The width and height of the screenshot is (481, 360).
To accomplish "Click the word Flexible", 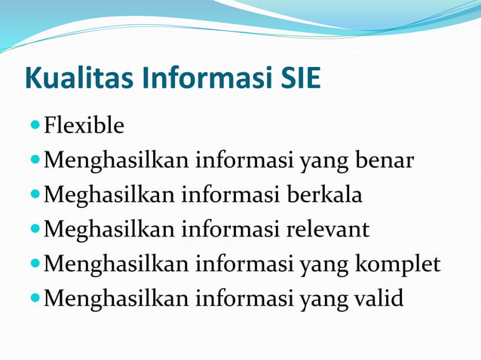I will [84, 125].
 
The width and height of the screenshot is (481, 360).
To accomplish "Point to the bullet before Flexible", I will [35, 125].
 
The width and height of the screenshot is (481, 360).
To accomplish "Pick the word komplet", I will [395, 264].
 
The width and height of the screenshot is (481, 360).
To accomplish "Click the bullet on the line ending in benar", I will [35, 160].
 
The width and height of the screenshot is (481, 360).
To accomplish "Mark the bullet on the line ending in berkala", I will [35, 194].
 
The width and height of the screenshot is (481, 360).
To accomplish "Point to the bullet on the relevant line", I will [35, 229].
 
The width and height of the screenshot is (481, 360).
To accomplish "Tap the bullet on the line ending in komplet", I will [35, 264].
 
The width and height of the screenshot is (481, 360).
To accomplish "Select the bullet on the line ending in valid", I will [35, 298].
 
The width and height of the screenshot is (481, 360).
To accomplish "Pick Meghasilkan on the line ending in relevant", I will [109, 229].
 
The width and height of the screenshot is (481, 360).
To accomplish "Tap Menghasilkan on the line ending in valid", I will [116, 298].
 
